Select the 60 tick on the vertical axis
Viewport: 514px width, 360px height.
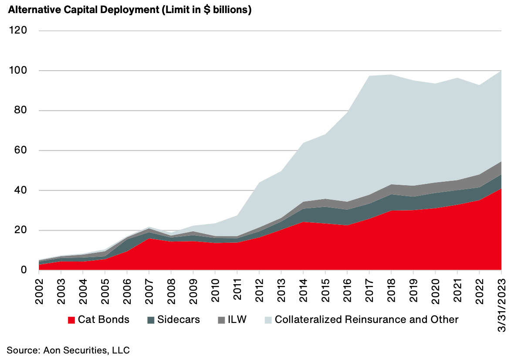pyautogui.click(x=21, y=150)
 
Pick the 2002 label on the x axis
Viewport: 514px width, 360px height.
pyautogui.click(x=39, y=289)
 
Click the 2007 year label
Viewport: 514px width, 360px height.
pyautogui.click(x=149, y=289)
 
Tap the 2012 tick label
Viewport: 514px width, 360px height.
pyautogui.click(x=259, y=289)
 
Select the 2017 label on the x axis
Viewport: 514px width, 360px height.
pyautogui.click(x=369, y=289)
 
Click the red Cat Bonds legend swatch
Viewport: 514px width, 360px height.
pyautogui.click(x=72, y=320)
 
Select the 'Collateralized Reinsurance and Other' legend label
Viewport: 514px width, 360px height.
pyautogui.click(x=366, y=319)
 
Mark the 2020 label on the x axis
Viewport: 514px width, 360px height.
pyautogui.click(x=435, y=289)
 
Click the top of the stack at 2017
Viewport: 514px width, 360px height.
pyautogui.click(x=369, y=76)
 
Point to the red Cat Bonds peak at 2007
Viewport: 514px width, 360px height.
pyautogui.click(x=149, y=238)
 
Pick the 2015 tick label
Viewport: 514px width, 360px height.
pyautogui.click(x=325, y=289)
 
